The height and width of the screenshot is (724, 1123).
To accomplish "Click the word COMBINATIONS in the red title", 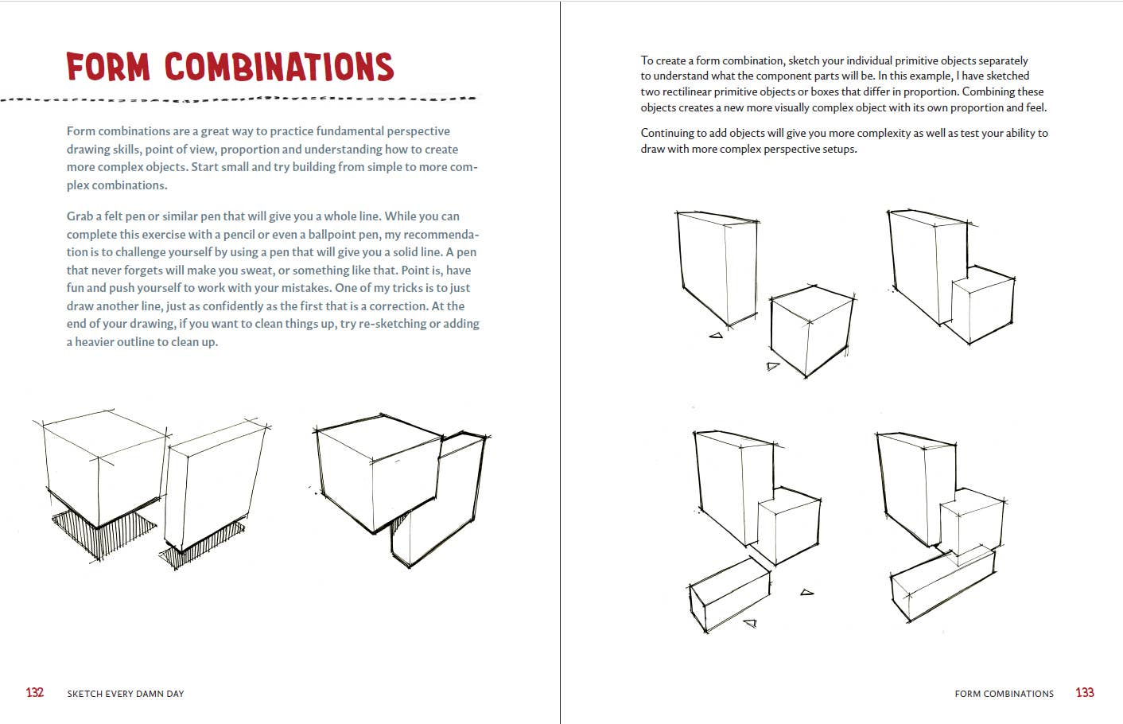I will point(279,68).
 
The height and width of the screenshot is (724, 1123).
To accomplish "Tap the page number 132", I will point(35,692).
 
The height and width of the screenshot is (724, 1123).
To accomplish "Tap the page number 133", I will point(1085,692).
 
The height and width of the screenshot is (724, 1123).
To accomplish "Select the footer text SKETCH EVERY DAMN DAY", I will point(126,694).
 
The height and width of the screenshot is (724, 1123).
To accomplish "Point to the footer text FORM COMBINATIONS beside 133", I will point(1004,694).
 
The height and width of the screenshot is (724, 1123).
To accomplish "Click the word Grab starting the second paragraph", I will point(80,216).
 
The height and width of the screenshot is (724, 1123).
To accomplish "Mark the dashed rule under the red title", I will point(239,99).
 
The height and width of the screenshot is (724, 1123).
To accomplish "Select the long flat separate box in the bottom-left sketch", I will point(729,593).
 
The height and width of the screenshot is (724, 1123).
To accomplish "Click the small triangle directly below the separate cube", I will point(772,367).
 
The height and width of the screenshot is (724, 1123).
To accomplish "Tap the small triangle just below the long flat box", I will point(749,623).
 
